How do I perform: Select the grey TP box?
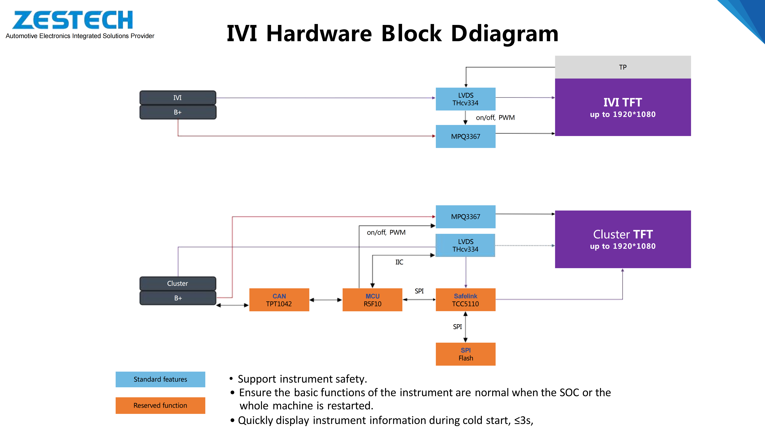coord(623,67)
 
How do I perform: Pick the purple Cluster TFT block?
coord(623,239)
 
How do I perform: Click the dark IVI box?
coord(178,98)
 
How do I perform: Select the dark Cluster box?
coord(178,283)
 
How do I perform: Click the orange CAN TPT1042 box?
coord(279,300)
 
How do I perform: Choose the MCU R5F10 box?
coord(372,300)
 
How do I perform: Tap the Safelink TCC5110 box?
coord(465,300)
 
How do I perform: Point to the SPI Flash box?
coord(465,354)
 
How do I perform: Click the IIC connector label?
coord(399,262)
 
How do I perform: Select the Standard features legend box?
coord(160,379)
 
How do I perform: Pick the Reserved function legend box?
coord(160,405)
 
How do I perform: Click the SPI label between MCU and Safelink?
coord(419,291)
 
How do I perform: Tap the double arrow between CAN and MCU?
coord(326,300)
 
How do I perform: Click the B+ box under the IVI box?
coord(178,112)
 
